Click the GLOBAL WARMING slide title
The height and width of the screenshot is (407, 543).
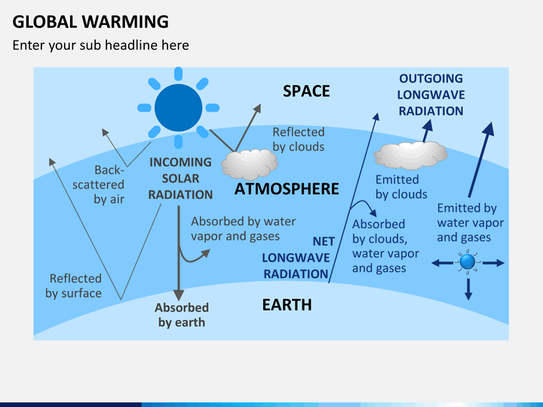pos(90,22)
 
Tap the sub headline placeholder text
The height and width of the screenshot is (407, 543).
pos(100,45)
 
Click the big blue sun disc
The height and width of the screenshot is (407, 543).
pos(178,108)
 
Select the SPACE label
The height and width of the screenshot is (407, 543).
pos(306,91)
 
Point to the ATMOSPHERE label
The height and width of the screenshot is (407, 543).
pos(287,189)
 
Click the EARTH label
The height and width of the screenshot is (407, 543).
pos(287,305)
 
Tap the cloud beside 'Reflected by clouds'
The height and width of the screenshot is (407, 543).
pos(250,164)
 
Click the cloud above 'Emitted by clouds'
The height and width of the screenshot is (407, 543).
pos(410,155)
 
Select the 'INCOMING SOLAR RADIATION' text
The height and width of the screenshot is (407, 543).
pos(180,178)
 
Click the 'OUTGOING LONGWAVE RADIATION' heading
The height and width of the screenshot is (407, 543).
pos(431,94)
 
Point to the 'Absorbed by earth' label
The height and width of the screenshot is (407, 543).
pos(182,315)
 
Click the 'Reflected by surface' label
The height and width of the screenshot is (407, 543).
pos(74,286)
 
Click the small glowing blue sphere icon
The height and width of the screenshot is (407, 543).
pos(468,262)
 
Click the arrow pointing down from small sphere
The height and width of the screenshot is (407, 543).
pos(468,289)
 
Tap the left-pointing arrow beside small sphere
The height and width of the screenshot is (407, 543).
pos(442,263)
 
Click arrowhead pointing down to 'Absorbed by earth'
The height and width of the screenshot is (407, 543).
pos(179,295)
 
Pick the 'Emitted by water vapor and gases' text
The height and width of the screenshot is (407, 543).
pos(471,222)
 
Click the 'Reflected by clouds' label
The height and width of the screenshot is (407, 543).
pos(299,139)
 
